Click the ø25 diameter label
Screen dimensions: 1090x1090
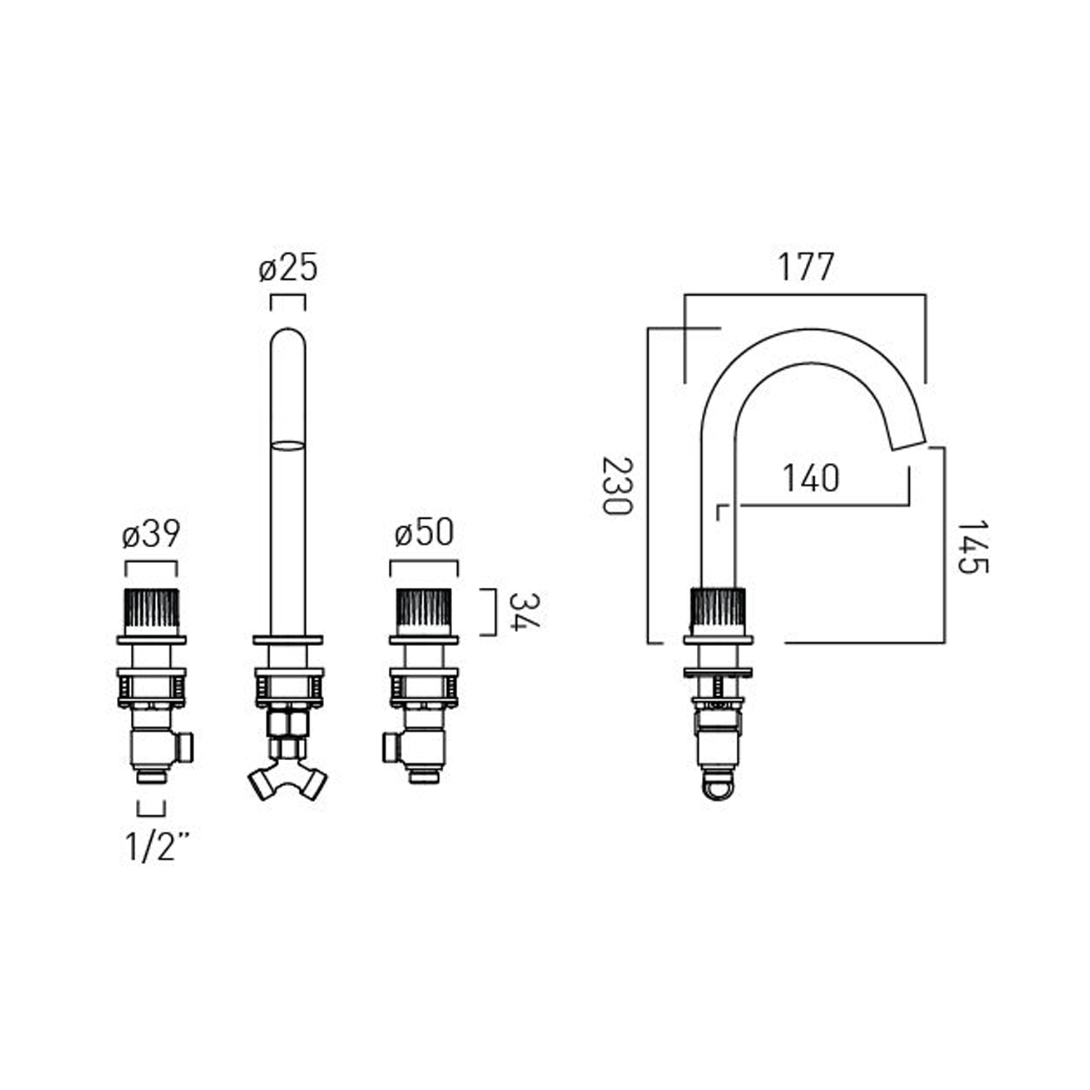click(x=288, y=268)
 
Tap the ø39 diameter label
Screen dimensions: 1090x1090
click(x=151, y=535)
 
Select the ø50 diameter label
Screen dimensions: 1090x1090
click(x=424, y=533)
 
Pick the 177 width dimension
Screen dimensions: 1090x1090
click(x=806, y=267)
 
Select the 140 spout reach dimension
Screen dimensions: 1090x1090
click(x=811, y=478)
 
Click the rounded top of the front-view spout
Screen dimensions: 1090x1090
click(x=288, y=338)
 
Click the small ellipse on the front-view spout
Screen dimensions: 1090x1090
click(x=288, y=445)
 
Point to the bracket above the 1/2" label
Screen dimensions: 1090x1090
click(x=151, y=809)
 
